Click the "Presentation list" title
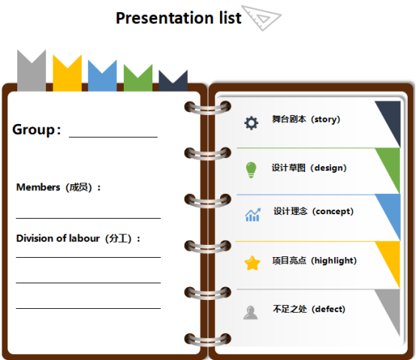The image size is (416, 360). click(179, 18)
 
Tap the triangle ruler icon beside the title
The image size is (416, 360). click(261, 18)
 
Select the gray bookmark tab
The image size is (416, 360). click(32, 71)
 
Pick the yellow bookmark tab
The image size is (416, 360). click(67, 73)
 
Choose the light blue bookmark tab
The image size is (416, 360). click(102, 76)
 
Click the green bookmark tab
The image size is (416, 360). click(138, 78)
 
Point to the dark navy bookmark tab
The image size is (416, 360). click(173, 81)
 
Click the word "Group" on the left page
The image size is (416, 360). click(34, 130)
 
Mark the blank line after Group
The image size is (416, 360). click(113, 137)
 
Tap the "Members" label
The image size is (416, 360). click(38, 187)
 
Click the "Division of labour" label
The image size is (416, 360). click(58, 238)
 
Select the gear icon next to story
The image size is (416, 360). click(251, 123)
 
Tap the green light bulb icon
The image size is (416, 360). click(251, 170)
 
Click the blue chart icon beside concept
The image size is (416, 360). click(252, 214)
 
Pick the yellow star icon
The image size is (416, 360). click(252, 263)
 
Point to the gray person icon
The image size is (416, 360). click(251, 313)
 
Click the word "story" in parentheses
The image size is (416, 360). click(325, 119)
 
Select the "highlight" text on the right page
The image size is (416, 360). click(333, 261)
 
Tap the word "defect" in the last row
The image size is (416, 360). click(328, 309)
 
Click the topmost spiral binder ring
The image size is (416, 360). click(208, 107)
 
